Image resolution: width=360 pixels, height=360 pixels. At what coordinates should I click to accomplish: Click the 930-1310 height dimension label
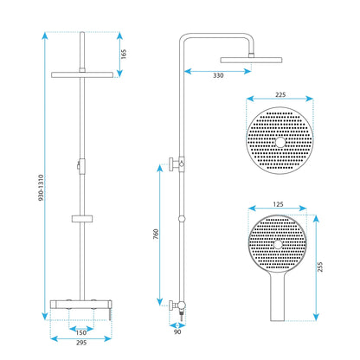[42, 188]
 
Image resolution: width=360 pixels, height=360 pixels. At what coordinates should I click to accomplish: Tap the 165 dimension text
[124, 55]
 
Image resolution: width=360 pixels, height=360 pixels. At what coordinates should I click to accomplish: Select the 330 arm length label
[218, 75]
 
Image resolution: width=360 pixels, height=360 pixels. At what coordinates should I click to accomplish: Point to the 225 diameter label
[280, 94]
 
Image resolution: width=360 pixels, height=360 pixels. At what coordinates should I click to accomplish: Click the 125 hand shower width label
[278, 204]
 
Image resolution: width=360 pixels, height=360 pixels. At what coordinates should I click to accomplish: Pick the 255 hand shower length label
[320, 267]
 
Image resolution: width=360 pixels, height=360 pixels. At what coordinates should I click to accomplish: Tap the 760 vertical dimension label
[156, 234]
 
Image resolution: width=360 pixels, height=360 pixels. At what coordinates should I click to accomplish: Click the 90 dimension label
[177, 332]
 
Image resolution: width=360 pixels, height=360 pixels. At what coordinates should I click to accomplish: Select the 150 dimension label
[81, 332]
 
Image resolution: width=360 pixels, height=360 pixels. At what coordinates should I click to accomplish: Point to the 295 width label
[81, 343]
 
